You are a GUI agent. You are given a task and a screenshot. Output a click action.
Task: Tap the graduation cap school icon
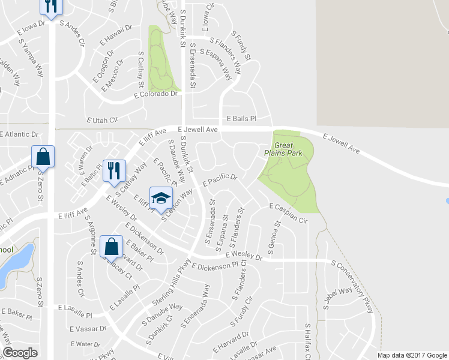tap(161, 199)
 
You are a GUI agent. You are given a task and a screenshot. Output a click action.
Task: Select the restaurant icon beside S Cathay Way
tap(113, 170)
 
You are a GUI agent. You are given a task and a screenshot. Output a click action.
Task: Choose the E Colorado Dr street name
tap(156, 94)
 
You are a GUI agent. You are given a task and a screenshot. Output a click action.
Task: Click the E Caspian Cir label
tap(289, 214)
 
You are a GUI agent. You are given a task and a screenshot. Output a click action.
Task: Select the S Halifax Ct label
tap(307, 341)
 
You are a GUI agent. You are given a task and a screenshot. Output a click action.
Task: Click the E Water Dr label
tap(85, 344)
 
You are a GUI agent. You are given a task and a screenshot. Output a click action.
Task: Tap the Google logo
tap(20, 353)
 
